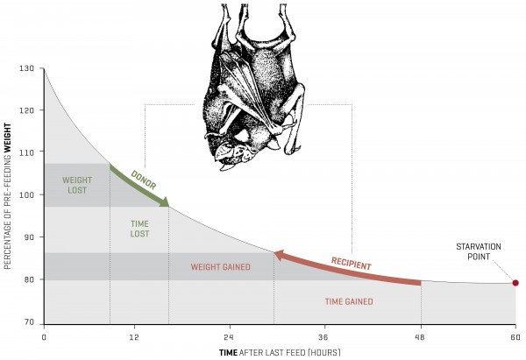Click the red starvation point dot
(x=515, y=283)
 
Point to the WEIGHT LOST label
(x=76, y=185)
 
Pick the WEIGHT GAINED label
(x=221, y=266)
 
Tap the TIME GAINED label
(x=349, y=301)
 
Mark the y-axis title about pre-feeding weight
(x=9, y=194)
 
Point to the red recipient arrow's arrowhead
(x=276, y=255)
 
